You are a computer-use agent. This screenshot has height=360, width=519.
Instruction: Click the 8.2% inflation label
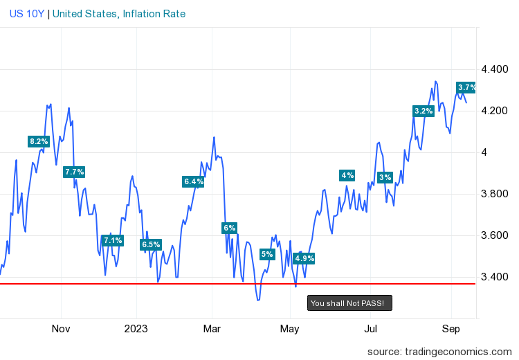pyautogui.click(x=39, y=142)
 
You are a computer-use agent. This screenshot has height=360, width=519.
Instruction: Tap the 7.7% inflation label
pyautogui.click(x=74, y=172)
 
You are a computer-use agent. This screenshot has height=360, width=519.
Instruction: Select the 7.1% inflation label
pyautogui.click(x=112, y=241)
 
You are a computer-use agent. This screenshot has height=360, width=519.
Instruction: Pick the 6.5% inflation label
pyautogui.click(x=151, y=244)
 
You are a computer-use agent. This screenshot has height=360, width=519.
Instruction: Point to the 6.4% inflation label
pyautogui.click(x=194, y=181)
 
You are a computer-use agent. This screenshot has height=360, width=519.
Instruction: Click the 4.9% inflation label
pyautogui.click(x=304, y=259)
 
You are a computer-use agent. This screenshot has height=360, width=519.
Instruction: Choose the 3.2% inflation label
pyautogui.click(x=424, y=111)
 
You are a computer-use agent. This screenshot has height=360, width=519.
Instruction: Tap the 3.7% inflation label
pyautogui.click(x=467, y=87)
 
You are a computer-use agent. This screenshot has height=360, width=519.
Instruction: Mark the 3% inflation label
pyautogui.click(x=385, y=177)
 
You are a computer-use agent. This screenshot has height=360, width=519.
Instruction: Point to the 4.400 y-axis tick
pyautogui.click(x=494, y=69)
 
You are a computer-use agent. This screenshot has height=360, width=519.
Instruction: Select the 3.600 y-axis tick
pyautogui.click(x=494, y=235)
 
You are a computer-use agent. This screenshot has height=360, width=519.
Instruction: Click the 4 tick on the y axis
pyautogui.click(x=484, y=152)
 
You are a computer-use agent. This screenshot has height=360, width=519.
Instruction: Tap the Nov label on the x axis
pyautogui.click(x=62, y=328)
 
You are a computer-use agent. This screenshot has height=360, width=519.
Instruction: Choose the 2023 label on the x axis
pyautogui.click(x=137, y=328)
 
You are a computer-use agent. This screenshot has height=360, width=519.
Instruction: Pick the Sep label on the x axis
pyautogui.click(x=451, y=328)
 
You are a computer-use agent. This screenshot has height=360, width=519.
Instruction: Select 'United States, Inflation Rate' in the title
pyautogui.click(x=119, y=14)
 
